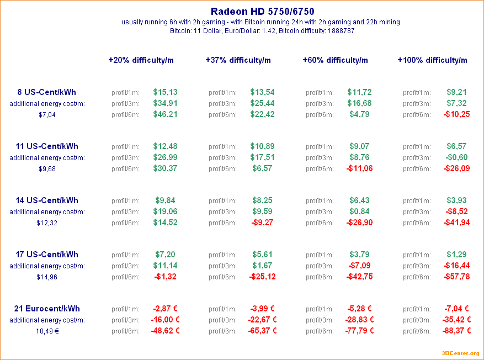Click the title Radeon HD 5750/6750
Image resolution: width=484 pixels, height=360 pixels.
263,11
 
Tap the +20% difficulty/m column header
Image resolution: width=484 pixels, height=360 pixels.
141,60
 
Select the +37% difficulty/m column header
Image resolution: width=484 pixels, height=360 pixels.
238,60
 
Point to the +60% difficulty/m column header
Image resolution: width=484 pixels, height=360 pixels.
335,60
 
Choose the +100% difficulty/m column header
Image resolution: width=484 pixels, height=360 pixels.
432,60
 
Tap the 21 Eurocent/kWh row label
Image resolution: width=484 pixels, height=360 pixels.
47,309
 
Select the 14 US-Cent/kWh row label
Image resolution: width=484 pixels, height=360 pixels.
47,200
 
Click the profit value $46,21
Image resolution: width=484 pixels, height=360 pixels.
165,114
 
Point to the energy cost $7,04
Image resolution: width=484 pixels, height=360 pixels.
47,115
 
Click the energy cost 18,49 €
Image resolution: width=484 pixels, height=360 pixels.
47,331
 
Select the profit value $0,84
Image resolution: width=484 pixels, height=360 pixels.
359,211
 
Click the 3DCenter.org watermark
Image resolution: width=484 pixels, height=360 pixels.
460,353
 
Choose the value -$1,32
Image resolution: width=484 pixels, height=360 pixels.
165,277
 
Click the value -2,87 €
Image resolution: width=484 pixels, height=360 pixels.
165,309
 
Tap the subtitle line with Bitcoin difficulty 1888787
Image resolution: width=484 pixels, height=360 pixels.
263,31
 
